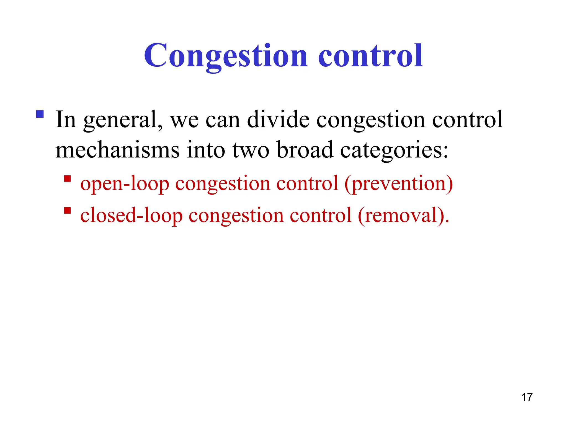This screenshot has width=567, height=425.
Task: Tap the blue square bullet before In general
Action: (x=40, y=114)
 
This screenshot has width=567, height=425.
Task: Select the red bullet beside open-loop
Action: (x=67, y=178)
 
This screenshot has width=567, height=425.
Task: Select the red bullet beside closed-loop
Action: (x=67, y=211)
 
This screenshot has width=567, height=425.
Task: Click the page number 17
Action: (x=527, y=397)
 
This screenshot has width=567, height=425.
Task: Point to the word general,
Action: (x=123, y=120)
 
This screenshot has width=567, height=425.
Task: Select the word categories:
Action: (x=394, y=150)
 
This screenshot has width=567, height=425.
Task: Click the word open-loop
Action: (x=125, y=184)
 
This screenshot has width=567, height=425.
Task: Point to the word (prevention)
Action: (x=398, y=184)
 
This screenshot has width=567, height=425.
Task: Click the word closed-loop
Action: (x=131, y=216)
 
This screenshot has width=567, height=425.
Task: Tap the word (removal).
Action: (x=403, y=216)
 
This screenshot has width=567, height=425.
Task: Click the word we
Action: (x=184, y=120)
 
